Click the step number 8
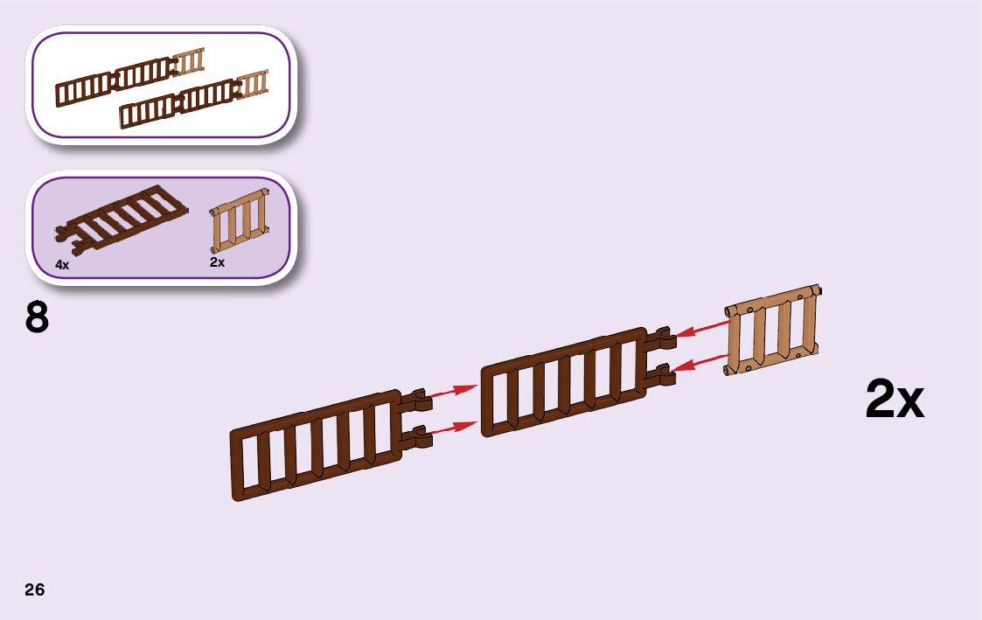pyautogui.click(x=37, y=318)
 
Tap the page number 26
pyautogui.click(x=34, y=589)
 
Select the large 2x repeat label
pyautogui.click(x=894, y=401)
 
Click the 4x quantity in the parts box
pyautogui.click(x=62, y=264)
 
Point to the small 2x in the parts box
pyautogui.click(x=218, y=261)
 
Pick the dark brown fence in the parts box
pyautogui.click(x=121, y=218)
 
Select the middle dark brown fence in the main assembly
pyautogui.click(x=565, y=382)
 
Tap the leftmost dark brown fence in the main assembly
pyautogui.click(x=315, y=446)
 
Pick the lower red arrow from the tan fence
pyautogui.click(x=702, y=362)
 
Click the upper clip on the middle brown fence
pyautogui.click(x=662, y=337)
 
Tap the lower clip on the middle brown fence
pyautogui.click(x=662, y=373)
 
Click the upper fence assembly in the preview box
pyautogui.click(x=129, y=77)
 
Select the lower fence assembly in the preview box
pyautogui.click(x=192, y=100)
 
